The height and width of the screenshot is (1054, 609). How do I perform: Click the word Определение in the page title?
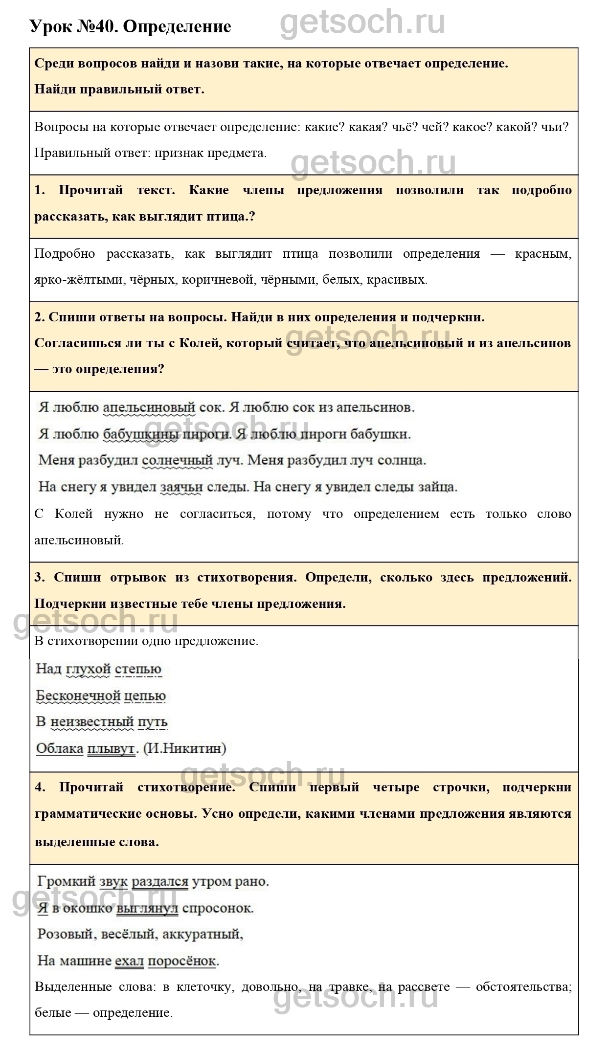pos(177,26)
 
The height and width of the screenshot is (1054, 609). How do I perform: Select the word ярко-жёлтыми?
pos(82,280)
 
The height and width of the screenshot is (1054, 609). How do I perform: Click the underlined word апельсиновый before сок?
pos(149,407)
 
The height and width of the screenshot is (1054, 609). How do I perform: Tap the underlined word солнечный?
pos(177,460)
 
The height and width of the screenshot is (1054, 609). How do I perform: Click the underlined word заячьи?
pos(181,487)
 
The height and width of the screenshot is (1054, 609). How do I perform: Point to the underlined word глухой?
pos(88,669)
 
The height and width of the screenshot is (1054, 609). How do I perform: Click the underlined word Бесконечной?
pos(78,695)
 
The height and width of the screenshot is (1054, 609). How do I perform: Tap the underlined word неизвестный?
pos(92,722)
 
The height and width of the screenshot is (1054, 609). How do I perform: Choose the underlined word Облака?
pos(60,748)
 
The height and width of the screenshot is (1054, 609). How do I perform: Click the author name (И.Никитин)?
pos(184,748)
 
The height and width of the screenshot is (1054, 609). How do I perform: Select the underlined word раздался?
pos(160,882)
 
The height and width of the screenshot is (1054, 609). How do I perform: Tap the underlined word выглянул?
pos(147,908)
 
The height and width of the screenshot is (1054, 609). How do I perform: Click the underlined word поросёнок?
pos(181,961)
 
